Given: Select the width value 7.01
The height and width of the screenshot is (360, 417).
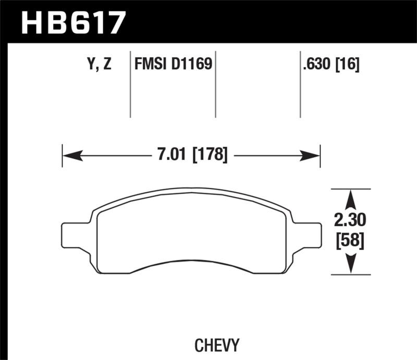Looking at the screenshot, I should point(173,155).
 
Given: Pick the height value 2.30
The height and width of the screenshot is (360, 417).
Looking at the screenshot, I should point(350,221).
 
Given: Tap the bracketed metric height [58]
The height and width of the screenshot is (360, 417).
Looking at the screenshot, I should point(350,241).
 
